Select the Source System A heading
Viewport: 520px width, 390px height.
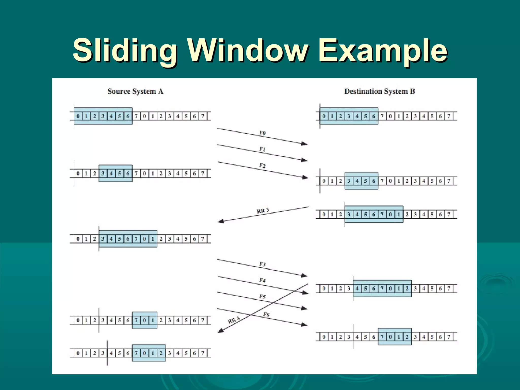135,91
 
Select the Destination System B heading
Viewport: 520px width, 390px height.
379,91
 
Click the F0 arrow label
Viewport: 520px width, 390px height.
262,133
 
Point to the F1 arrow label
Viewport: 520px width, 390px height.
262,149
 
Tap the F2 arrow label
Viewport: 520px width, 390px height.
262,166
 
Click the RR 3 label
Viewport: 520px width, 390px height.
263,210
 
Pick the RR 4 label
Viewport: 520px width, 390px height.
234,320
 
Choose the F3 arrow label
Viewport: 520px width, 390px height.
262,264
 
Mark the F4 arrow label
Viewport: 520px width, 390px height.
262,280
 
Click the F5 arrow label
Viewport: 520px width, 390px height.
262,297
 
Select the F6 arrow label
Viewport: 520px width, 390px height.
266,314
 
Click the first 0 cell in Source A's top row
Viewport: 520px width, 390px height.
78,116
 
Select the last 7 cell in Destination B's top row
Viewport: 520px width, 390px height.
449,116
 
